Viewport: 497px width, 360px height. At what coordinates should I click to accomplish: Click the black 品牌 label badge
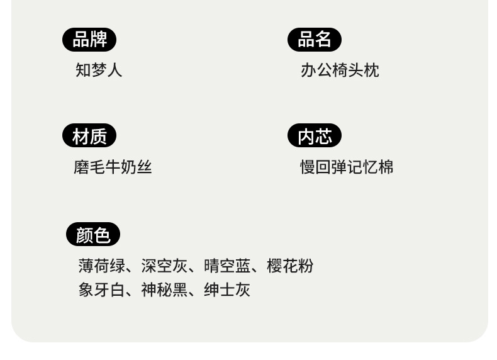click(89, 40)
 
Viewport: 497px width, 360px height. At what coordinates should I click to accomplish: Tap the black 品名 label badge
click(315, 40)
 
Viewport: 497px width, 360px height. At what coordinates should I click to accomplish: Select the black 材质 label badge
click(89, 136)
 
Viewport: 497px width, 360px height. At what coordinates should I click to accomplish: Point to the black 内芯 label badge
click(315, 136)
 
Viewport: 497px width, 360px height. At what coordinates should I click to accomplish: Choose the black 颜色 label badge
click(93, 235)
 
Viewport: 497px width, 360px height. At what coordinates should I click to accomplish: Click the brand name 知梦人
click(99, 70)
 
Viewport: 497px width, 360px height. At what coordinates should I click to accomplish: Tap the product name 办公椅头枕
click(340, 70)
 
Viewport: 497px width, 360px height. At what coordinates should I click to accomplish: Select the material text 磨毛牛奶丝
click(113, 167)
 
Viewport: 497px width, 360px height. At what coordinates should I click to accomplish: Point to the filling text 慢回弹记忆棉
click(347, 167)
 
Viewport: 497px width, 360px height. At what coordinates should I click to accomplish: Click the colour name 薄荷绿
click(101, 266)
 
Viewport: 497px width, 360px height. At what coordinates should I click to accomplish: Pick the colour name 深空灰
click(164, 266)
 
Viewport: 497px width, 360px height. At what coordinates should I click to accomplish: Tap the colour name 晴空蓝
click(227, 266)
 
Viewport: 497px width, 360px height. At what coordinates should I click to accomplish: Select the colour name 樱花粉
click(290, 266)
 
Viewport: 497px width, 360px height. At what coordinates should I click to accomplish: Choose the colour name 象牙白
click(101, 290)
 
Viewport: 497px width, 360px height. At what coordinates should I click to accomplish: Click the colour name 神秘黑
click(164, 290)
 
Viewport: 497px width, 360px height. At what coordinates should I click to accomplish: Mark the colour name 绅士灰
click(227, 290)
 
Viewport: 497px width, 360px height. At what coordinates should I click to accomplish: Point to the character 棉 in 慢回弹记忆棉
click(386, 167)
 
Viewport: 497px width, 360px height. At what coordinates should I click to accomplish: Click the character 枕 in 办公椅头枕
click(371, 70)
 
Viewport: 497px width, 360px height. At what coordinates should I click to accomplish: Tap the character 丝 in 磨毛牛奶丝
click(144, 167)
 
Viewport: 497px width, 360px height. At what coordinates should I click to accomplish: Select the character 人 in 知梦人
click(114, 70)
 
